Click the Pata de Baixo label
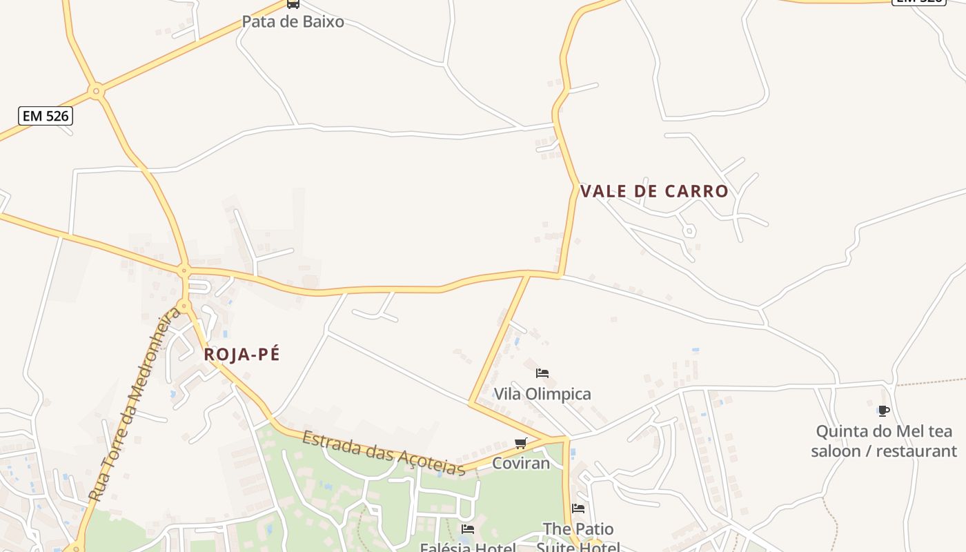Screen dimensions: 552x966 tap(293, 21)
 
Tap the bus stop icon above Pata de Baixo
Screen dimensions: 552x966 tap(293, 3)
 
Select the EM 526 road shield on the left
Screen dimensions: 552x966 tap(46, 116)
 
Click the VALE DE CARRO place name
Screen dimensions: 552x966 tap(654, 191)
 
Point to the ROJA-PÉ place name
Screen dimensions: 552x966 tap(242, 355)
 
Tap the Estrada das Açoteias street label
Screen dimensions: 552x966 tap(384, 453)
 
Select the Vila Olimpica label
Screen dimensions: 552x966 tap(542, 394)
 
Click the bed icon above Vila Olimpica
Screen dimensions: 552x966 tap(542, 373)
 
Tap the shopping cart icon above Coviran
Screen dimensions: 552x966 tap(521, 443)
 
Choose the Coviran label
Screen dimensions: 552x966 tap(521, 463)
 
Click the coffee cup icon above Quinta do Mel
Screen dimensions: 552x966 tap(884, 411)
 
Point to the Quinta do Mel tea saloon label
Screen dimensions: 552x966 tap(884, 441)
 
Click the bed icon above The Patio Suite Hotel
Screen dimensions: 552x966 tap(578, 509)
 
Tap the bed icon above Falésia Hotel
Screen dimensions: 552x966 tap(468, 529)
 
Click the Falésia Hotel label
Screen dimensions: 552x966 tap(468, 547)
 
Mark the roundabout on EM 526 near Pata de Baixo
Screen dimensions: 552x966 tap(97, 90)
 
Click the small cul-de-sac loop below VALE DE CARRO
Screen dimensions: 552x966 tap(689, 231)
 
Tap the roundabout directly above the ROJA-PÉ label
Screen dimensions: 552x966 tap(184, 305)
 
